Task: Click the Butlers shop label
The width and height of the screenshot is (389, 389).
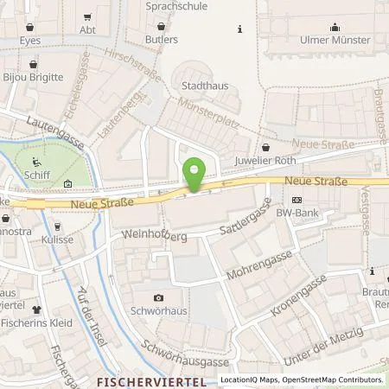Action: tap(163, 39)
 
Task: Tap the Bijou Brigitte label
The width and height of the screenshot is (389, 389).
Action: tap(34, 77)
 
